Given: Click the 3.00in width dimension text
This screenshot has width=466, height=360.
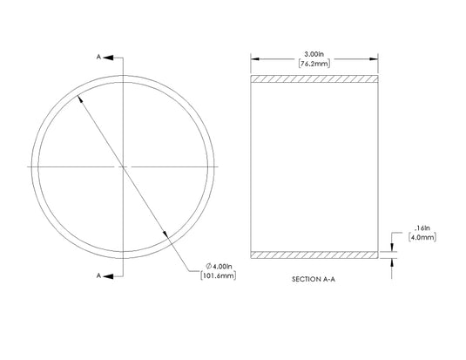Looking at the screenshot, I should point(314,53).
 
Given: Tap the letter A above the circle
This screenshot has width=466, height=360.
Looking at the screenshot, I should point(100,56).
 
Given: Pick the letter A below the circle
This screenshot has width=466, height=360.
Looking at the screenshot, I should point(100,275).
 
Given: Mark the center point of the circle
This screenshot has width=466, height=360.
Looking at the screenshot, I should point(122,166).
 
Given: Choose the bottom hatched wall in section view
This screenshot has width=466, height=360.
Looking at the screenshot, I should point(314,255).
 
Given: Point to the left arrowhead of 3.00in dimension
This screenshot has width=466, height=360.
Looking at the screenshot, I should point(254,58).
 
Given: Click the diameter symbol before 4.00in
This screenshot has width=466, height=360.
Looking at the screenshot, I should point(209,266).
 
